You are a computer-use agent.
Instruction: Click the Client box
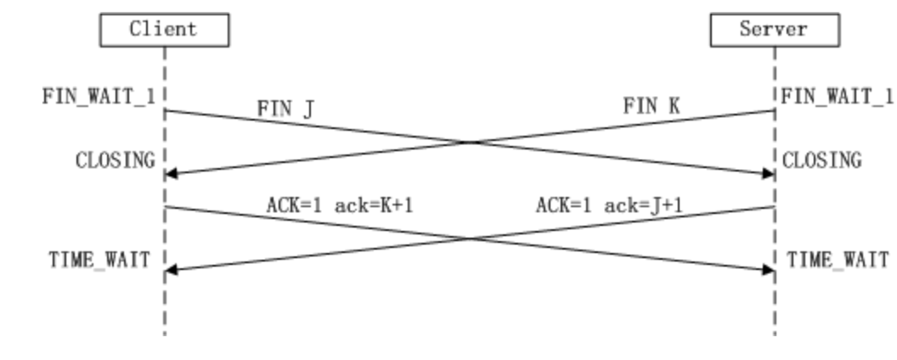coord(164,30)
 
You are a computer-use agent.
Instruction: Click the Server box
coord(774,30)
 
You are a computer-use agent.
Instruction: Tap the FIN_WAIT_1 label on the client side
coord(99,95)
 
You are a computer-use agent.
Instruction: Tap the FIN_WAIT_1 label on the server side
coord(838,95)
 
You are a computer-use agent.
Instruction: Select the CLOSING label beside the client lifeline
coord(116,160)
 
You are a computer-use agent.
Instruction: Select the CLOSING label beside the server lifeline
coord(821,160)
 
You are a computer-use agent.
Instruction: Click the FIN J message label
coord(288,109)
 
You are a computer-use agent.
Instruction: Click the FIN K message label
coord(652,106)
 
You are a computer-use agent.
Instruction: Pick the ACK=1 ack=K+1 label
coord(339,205)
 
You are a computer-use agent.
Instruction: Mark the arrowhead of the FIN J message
coord(769,173)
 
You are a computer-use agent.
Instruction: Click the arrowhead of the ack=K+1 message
coord(769,270)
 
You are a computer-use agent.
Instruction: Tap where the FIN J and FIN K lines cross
coord(470,142)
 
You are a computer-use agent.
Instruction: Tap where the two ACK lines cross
coord(470,239)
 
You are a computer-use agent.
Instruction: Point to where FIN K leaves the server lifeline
coord(774,110)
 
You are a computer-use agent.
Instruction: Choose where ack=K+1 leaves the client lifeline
coord(165,206)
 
